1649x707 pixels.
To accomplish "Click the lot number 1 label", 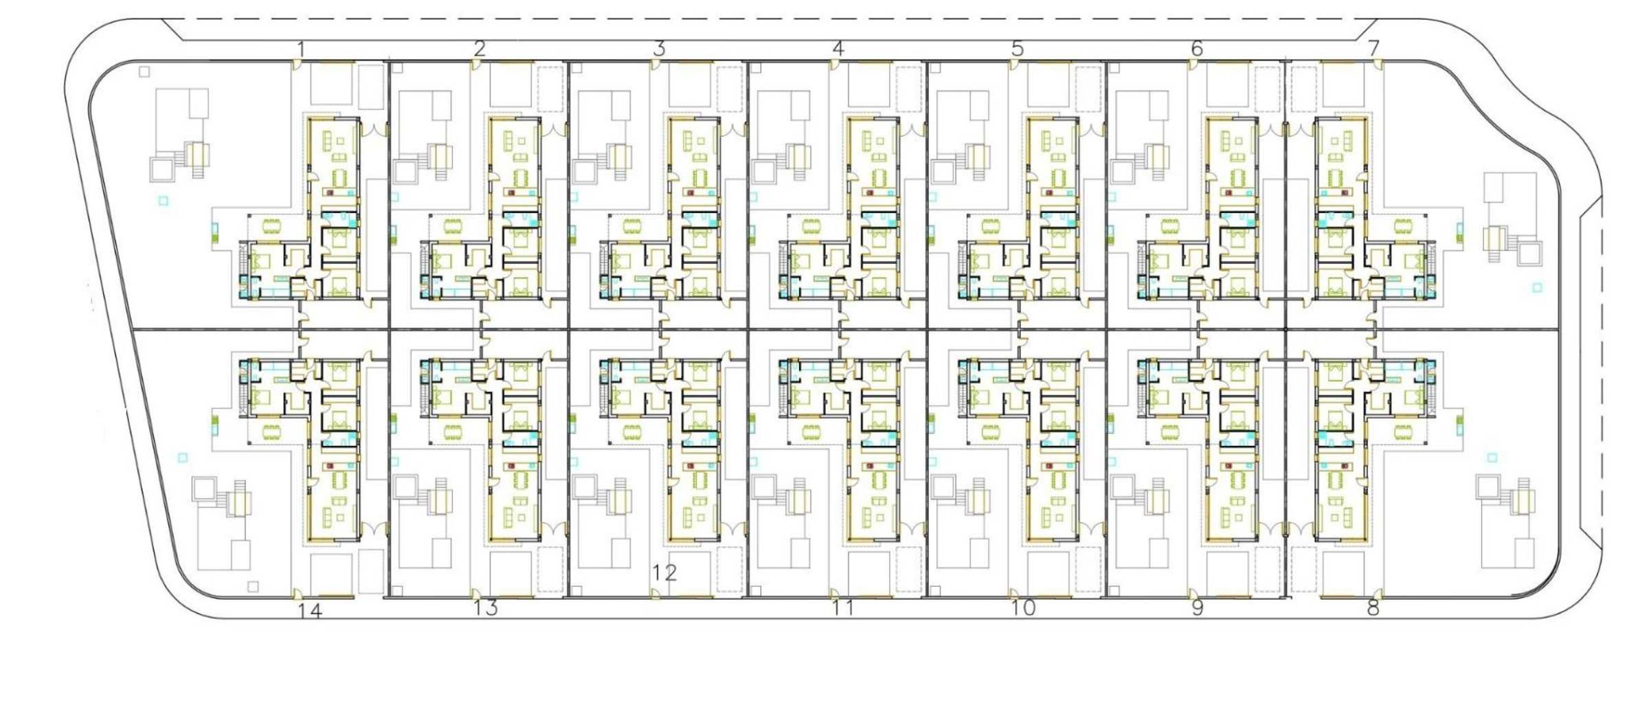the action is click(x=300, y=49).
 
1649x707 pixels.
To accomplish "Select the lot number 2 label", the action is click(x=480, y=49).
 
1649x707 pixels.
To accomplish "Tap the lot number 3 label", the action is click(x=660, y=49).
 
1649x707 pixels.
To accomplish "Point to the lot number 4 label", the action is click(x=838, y=49).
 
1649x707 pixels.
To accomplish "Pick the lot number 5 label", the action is click(x=1018, y=49).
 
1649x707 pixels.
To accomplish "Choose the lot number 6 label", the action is click(x=1197, y=49).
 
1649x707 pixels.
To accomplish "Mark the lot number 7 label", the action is click(x=1373, y=49).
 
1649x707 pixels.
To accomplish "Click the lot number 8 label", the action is click(x=1373, y=608).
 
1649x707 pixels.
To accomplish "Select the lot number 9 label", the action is click(x=1198, y=608).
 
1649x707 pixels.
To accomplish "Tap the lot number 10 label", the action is click(x=1023, y=608).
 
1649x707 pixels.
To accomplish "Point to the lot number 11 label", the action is click(x=843, y=608).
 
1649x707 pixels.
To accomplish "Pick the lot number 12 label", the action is click(x=664, y=572).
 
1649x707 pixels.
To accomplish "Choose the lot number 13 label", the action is click(x=485, y=608).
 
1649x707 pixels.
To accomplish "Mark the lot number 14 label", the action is click(x=310, y=611).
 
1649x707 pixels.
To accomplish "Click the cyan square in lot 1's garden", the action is click(x=164, y=201).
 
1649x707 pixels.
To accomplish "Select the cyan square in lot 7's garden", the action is click(x=1538, y=287).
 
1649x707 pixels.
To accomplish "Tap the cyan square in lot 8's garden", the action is click(x=1492, y=458).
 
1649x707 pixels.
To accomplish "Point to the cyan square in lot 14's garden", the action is click(x=183, y=458).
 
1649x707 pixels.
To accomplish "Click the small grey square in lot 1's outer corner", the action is click(x=144, y=71).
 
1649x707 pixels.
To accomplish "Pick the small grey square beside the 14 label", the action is click(x=253, y=587).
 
